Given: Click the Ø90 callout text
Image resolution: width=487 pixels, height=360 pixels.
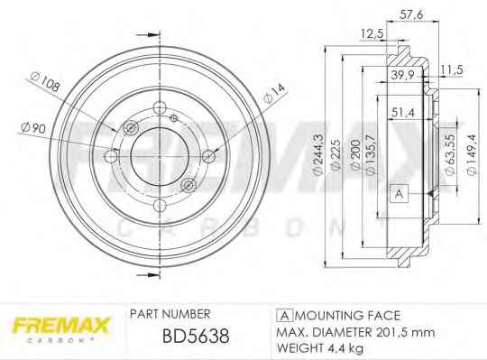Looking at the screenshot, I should pos(32,128).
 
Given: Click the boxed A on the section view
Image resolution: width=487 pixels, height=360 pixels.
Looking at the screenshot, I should pos(397,191).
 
